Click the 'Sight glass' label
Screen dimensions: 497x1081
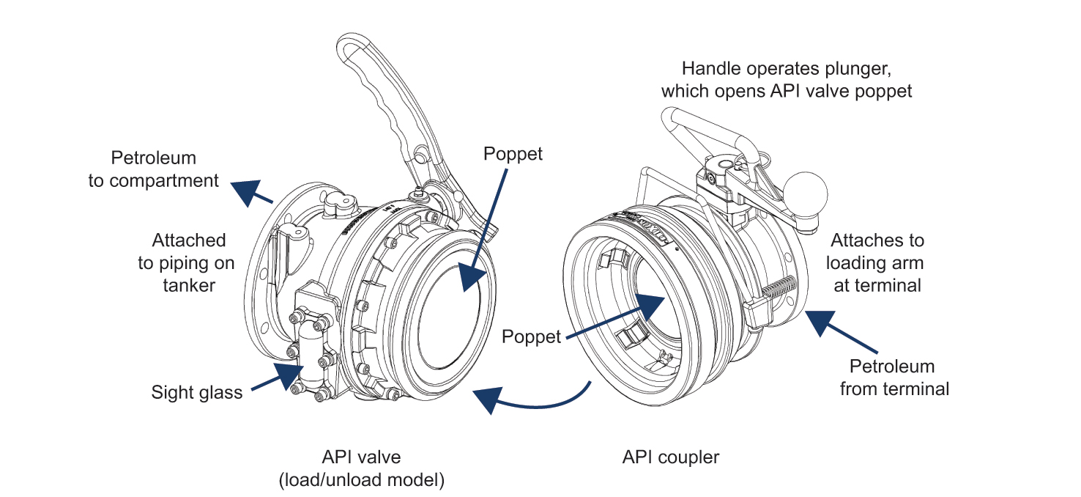(196, 392)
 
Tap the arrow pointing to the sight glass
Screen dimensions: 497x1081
(275, 376)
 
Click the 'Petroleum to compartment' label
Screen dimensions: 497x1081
(154, 169)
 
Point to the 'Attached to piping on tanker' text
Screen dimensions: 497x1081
(189, 262)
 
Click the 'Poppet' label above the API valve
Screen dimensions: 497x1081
(513, 155)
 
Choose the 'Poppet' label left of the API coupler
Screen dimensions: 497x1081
(531, 336)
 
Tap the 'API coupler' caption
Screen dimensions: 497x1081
(671, 457)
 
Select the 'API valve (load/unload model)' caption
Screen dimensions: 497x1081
(362, 468)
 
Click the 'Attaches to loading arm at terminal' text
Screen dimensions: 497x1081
(876, 262)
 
